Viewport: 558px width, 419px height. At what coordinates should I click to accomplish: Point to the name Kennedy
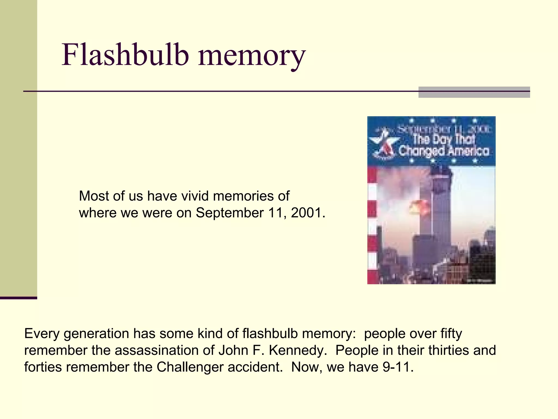(298, 350)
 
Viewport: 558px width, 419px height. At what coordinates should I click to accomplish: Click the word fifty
(451, 334)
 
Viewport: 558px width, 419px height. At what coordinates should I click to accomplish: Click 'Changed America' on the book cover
(443, 151)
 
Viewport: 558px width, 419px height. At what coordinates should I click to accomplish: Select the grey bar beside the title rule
(474, 92)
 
